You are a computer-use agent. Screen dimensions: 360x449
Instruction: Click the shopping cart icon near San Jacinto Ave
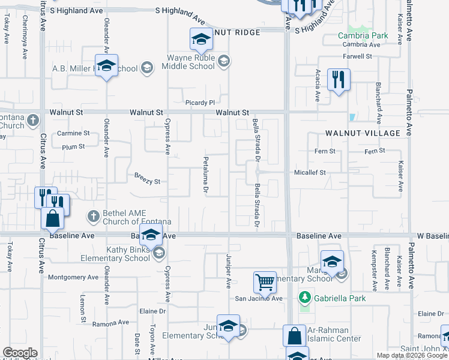tap(265, 280)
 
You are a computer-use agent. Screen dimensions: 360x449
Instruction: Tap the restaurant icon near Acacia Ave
tap(339, 79)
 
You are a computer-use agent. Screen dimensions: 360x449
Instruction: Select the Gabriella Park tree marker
tap(305, 298)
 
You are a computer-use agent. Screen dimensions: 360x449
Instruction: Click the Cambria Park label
tap(363, 35)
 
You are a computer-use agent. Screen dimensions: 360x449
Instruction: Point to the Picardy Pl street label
tap(200, 103)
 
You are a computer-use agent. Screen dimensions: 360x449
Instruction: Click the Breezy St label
tap(147, 181)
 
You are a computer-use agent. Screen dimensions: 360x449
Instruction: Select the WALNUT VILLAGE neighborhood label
tap(363, 133)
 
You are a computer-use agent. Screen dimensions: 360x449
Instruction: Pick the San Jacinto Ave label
tap(258, 298)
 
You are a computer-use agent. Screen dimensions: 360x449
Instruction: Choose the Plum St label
tap(73, 146)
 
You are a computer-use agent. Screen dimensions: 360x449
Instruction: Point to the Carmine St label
tap(73, 133)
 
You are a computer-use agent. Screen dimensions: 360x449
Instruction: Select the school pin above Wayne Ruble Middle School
tap(202, 40)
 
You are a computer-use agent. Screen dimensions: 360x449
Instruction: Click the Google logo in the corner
tap(20, 353)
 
